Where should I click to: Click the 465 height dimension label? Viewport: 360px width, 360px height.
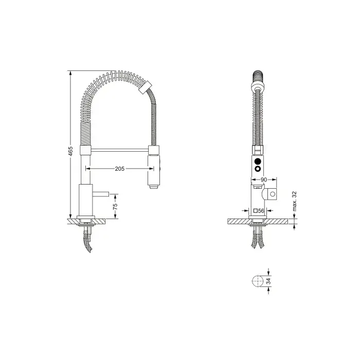70,151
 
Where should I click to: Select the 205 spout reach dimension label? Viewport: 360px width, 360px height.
120,169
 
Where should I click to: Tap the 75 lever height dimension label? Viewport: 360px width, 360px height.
115,206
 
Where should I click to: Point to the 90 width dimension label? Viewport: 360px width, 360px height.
264,179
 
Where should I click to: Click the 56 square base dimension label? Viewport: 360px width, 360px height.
261,210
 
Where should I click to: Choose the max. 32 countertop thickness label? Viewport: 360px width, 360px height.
295,202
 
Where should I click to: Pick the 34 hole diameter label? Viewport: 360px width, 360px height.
268,281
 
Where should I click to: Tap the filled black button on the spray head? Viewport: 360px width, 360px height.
258,161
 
